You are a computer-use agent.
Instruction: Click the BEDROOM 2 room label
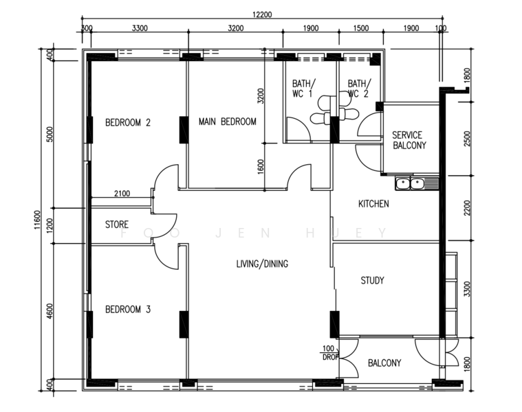128,123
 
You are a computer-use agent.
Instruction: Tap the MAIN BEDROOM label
228,122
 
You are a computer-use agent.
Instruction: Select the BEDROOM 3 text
128,309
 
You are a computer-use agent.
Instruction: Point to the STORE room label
117,225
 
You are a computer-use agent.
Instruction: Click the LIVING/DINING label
262,264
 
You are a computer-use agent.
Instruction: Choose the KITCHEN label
373,204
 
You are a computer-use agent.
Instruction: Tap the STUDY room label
373,280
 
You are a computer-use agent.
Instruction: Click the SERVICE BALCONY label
409,140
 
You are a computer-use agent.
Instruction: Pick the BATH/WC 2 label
359,89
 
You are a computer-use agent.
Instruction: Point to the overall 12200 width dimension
262,14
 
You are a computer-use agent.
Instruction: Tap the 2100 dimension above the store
122,194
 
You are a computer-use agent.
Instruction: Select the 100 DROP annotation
329,353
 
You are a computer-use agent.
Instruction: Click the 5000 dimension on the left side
50,134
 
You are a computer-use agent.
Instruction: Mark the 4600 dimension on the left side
50,311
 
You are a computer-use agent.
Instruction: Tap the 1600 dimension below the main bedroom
261,166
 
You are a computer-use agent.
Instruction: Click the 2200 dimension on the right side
467,207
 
